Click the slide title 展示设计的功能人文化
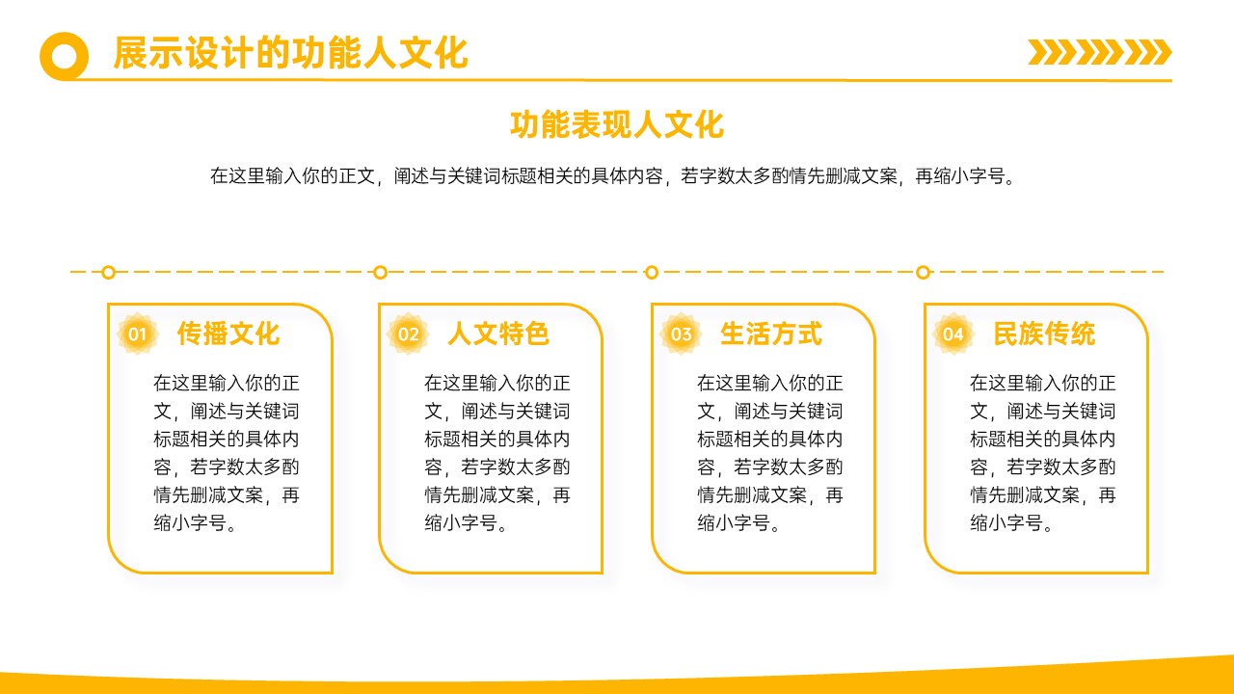coord(290,53)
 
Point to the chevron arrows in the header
coord(1100,52)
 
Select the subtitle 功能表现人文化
coord(616,124)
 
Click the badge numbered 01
coord(137,334)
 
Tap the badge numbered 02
coord(408,334)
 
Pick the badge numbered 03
coord(681,334)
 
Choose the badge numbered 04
coord(953,334)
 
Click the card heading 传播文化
coord(228,334)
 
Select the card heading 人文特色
coord(498,334)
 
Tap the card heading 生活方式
coord(771,334)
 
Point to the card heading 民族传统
coord(1044,334)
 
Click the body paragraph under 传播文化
coord(227,453)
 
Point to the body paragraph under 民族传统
coord(1043,453)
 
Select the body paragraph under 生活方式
coord(770,453)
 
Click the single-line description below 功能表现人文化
coord(612,175)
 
